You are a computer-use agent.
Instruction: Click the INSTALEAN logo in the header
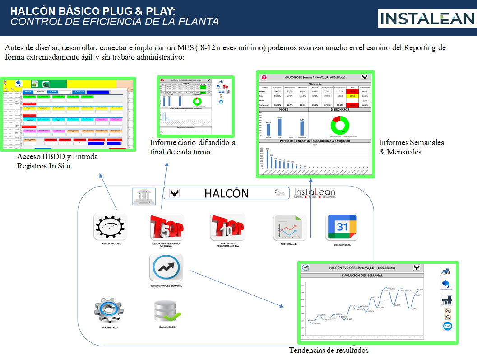coord(426,18)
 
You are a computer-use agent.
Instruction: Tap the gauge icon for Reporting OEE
coord(111,227)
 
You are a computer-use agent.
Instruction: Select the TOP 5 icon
coord(167,227)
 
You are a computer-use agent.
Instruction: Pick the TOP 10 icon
coord(227,226)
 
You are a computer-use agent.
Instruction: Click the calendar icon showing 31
coord(342,227)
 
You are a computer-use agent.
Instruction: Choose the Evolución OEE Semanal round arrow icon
coord(167,267)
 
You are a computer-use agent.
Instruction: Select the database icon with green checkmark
coord(167,310)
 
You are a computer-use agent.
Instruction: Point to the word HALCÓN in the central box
coord(227,193)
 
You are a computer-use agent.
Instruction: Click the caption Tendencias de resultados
coord(329,350)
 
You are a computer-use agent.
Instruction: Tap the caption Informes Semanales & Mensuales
coord(411,147)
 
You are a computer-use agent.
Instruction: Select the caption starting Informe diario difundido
coord(193,147)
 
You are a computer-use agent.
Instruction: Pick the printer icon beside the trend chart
coord(446,271)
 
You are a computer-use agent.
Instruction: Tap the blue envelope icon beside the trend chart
coord(447,326)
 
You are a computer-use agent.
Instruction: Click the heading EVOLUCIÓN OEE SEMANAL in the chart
coord(363,275)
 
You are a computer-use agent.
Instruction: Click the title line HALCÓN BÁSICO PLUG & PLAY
coord(93,10)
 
